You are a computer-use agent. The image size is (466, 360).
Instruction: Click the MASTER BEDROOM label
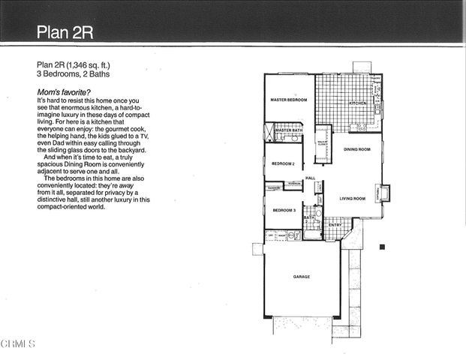(x=288, y=100)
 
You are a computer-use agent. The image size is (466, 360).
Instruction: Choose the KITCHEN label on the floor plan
(x=357, y=103)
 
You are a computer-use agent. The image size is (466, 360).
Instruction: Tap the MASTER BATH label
(x=288, y=130)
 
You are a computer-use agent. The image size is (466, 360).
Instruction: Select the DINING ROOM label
(x=357, y=149)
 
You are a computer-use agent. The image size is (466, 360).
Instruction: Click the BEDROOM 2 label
(x=282, y=163)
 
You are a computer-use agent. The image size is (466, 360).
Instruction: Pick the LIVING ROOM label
(x=353, y=199)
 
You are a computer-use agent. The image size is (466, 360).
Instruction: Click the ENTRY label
(x=335, y=224)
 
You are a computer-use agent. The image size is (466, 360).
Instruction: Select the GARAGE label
(x=301, y=277)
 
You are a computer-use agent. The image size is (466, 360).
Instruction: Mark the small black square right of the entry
(x=381, y=247)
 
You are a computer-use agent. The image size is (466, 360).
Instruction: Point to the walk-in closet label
(x=322, y=142)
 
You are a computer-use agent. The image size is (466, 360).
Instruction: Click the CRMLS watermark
(x=18, y=344)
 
